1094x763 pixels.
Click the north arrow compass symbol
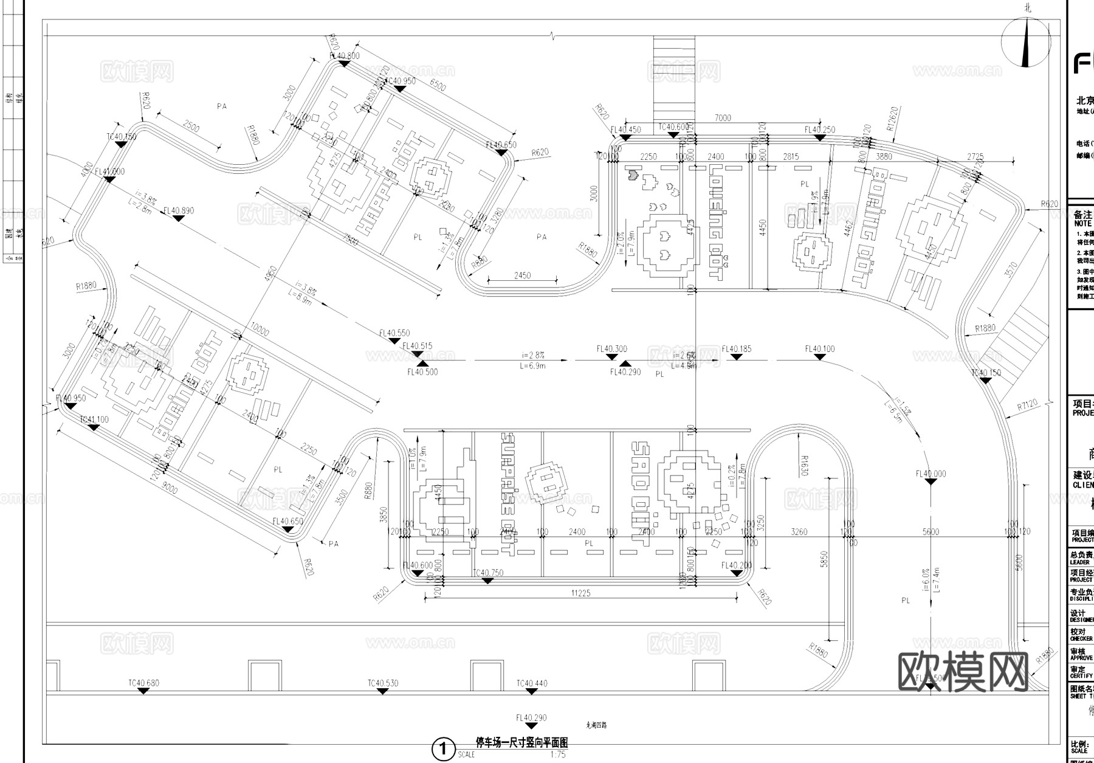[1025, 42]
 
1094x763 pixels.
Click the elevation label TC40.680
[143, 683]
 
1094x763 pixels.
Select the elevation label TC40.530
[382, 683]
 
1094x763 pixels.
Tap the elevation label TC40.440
[532, 683]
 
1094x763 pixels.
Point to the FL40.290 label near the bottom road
[531, 717]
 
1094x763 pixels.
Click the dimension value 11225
[580, 593]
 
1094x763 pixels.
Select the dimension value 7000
[723, 117]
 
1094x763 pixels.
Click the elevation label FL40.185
[736, 349]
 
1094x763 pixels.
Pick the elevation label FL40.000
[931, 474]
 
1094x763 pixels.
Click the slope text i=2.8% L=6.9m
[532, 360]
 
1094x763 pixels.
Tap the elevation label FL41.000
[109, 171]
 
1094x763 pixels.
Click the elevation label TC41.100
[94, 419]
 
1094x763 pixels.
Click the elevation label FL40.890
[178, 210]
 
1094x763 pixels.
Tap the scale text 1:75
[557, 754]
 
